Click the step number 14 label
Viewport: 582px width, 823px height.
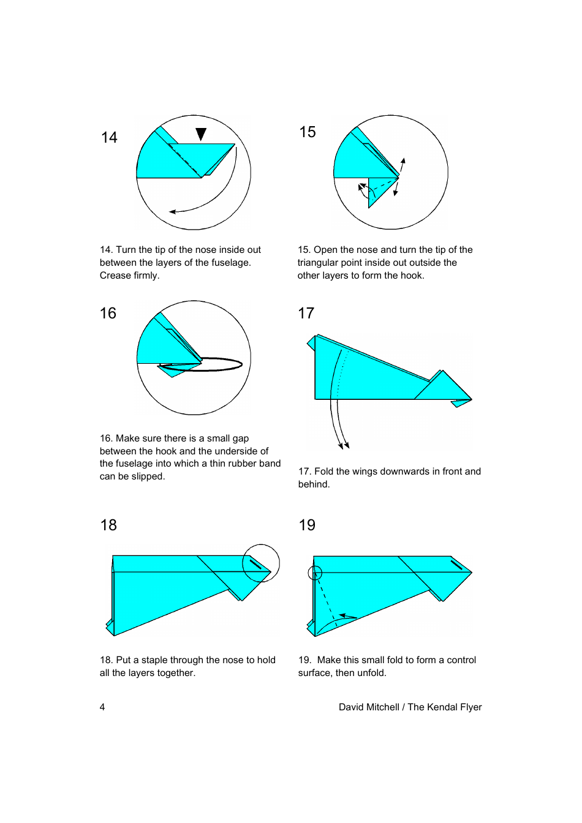pos(109,137)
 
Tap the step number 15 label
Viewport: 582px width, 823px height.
pos(308,132)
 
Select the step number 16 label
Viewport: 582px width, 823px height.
pos(108,314)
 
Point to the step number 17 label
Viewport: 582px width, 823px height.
pos(306,314)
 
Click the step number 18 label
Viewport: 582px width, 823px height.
pos(108,525)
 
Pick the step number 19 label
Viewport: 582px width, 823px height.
pos(307,525)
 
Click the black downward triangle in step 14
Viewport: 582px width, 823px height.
pos(201,134)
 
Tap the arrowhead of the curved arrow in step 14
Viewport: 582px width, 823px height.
pos(173,212)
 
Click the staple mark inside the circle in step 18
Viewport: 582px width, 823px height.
pos(256,563)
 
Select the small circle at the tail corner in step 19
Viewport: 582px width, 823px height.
pos(315,573)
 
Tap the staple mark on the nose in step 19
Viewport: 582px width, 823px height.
pos(456,564)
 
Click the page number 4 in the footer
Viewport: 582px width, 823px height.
pos(102,707)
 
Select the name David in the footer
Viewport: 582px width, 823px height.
pos(352,707)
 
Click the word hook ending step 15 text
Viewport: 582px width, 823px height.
pos(412,276)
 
